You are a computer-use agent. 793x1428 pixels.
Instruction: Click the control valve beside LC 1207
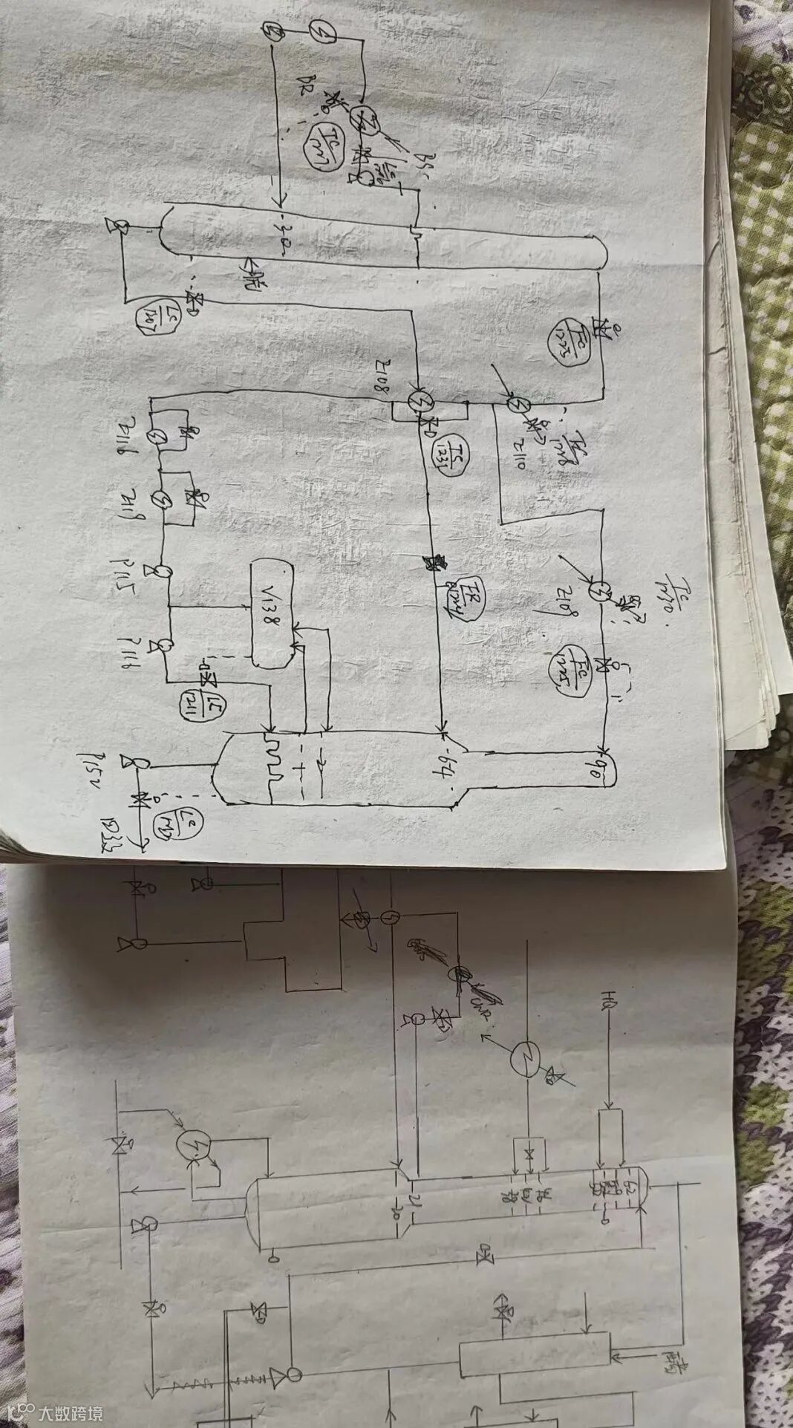[x=197, y=300]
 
